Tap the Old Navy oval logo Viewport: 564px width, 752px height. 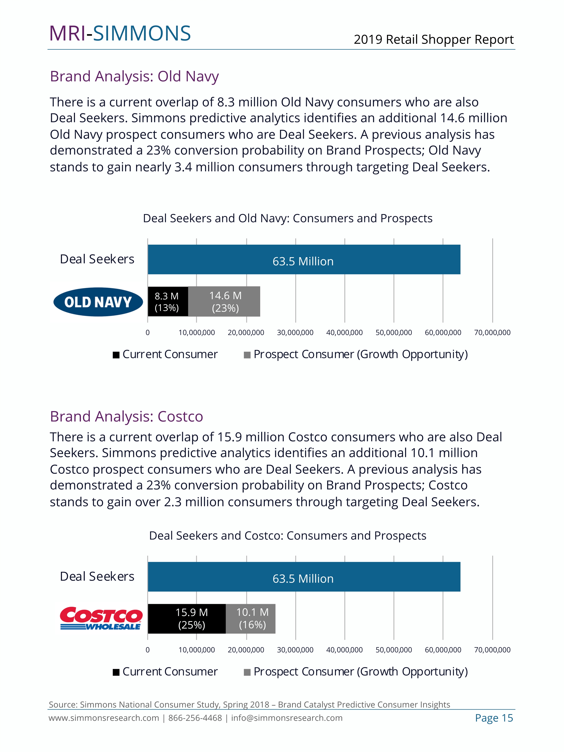tap(98, 302)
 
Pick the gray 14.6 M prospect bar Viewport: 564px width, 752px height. tap(224, 302)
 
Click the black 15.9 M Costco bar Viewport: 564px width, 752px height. tap(187, 618)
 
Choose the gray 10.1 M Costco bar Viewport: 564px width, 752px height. tap(251, 618)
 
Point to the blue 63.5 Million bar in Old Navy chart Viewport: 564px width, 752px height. tap(304, 260)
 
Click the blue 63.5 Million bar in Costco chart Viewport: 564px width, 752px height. tap(304, 577)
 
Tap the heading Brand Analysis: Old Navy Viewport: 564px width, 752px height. tap(134, 76)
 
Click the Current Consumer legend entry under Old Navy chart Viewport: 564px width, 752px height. tap(165, 355)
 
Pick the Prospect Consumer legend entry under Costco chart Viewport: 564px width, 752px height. tap(356, 672)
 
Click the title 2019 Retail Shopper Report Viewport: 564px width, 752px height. tap(433, 39)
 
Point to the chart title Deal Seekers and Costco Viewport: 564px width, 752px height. tap(288, 536)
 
